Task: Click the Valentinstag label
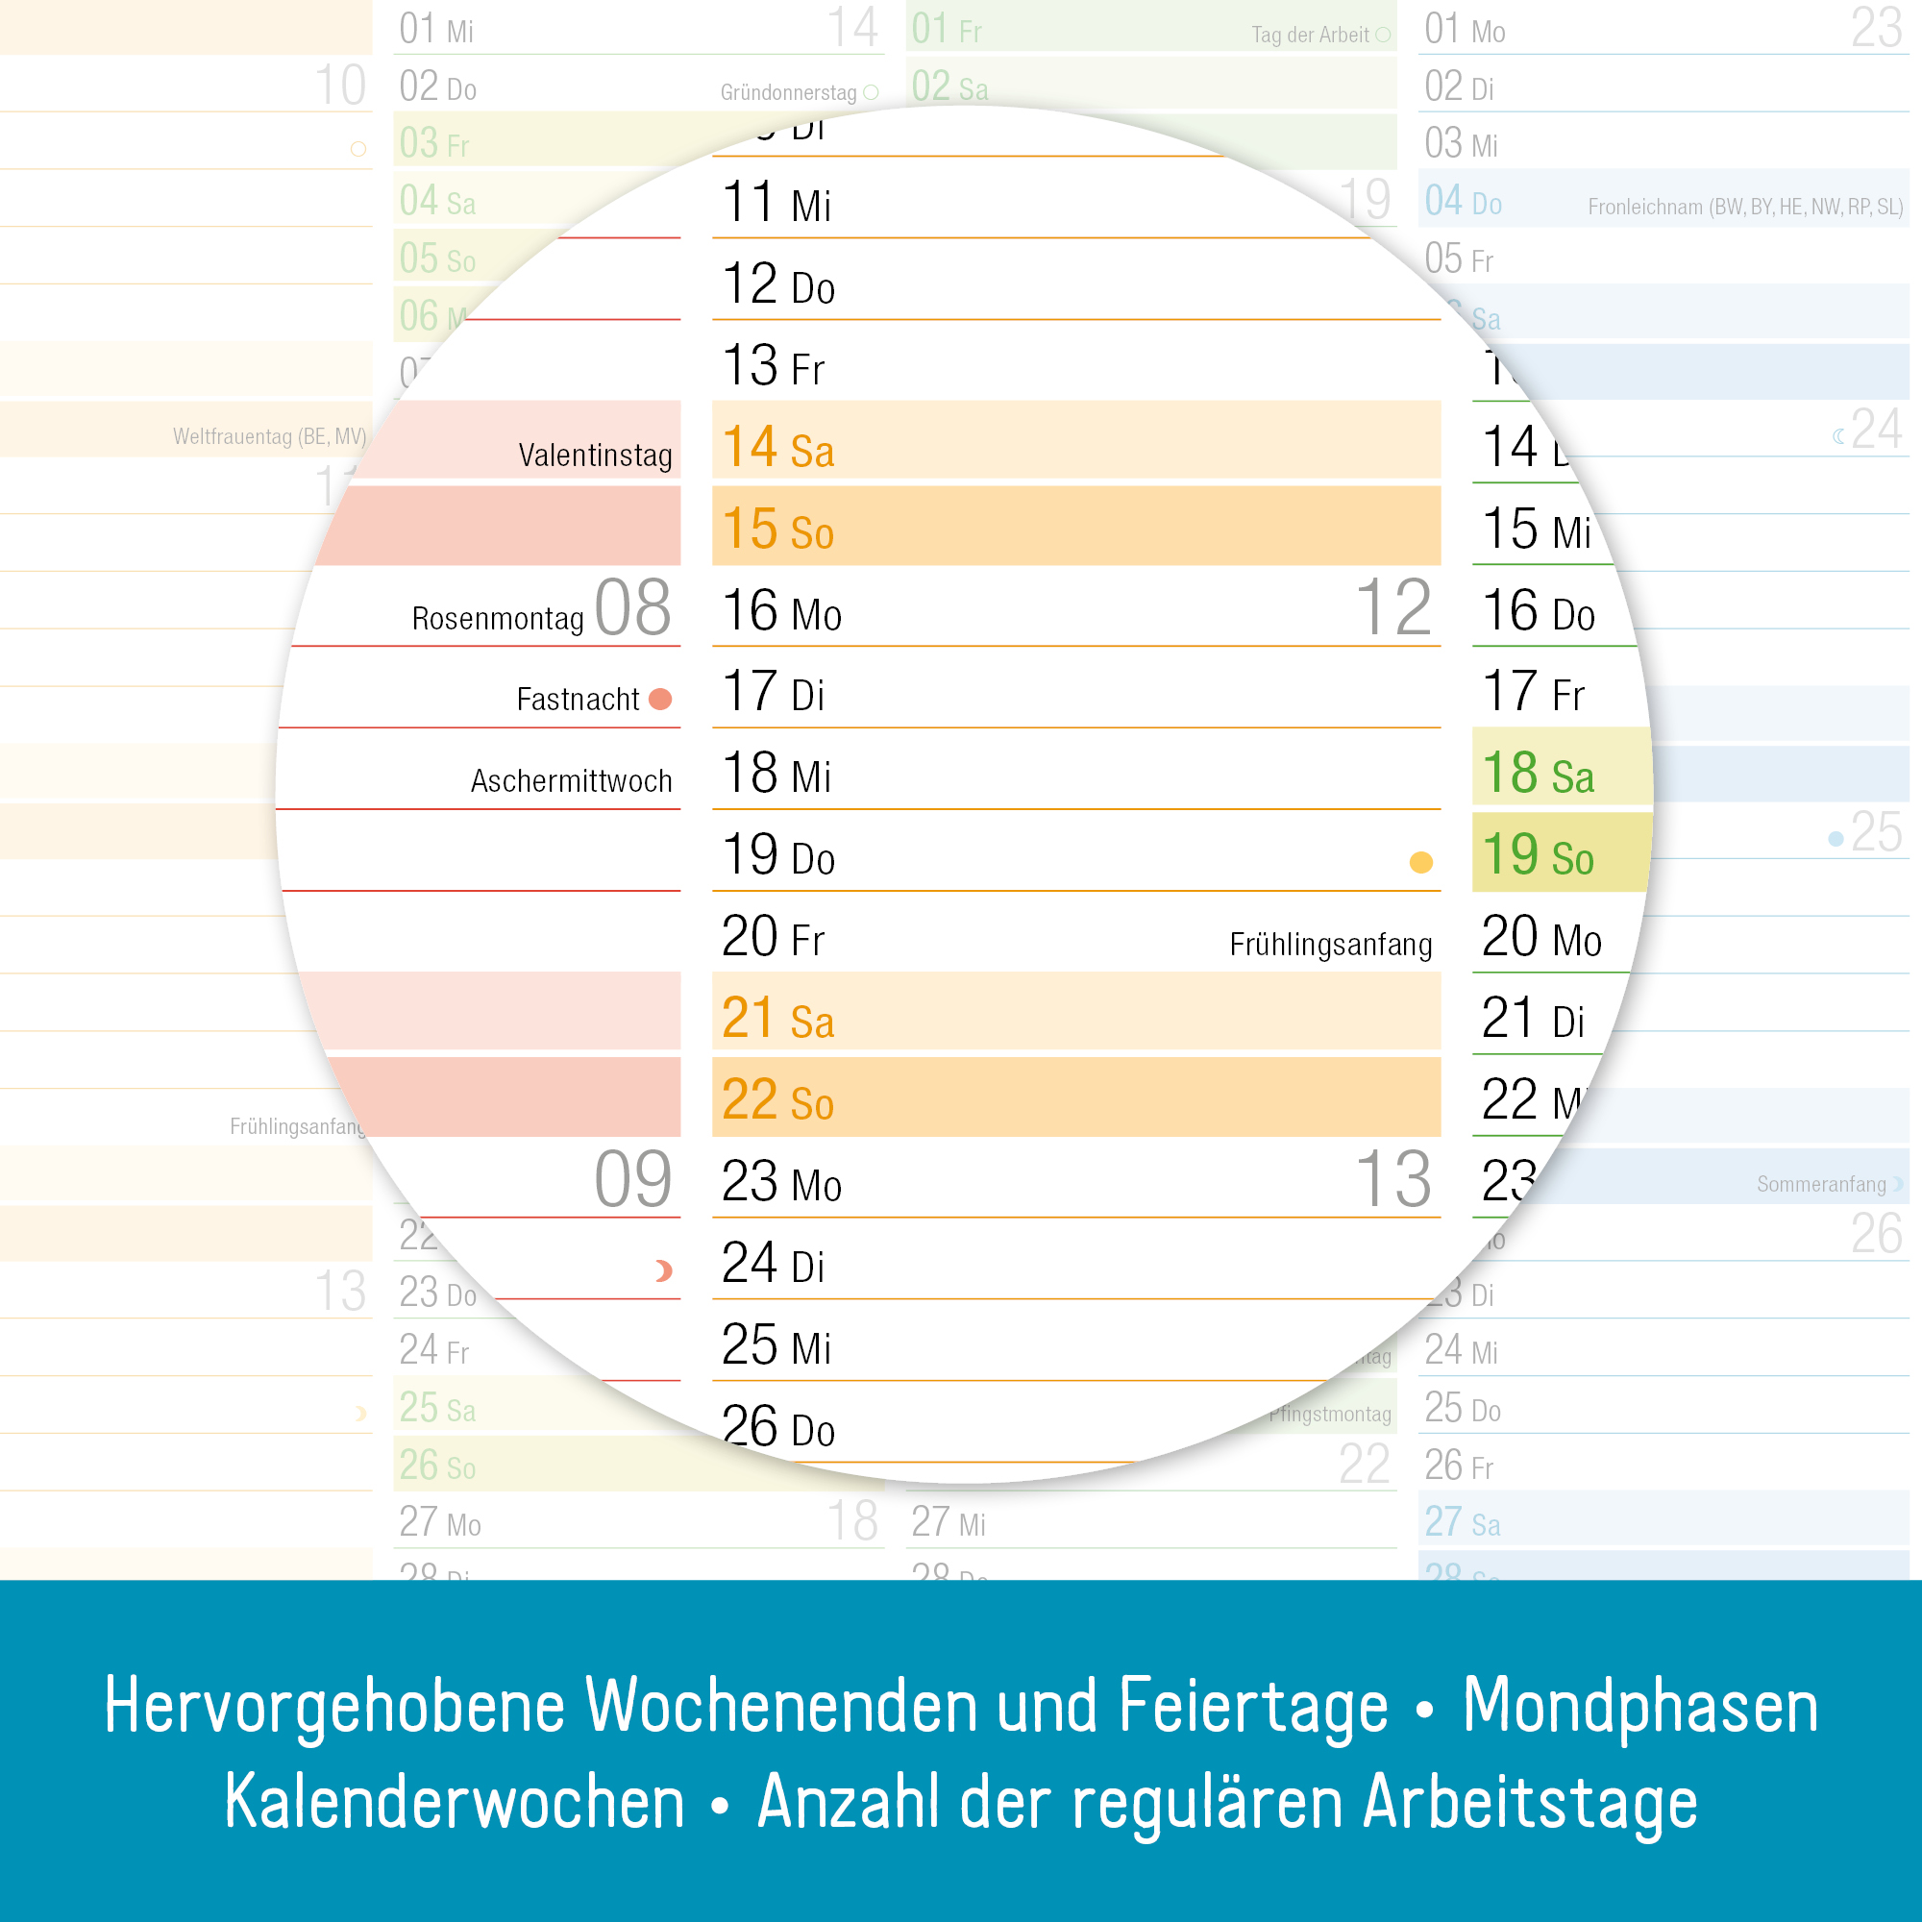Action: [595, 456]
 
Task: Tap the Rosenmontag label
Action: [498, 619]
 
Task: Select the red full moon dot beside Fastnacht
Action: [659, 700]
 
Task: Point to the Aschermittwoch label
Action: [571, 781]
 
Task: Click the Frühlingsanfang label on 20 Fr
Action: [1330, 944]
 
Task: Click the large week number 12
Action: [1392, 608]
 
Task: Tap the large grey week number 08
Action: [632, 608]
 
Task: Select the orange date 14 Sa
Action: [778, 447]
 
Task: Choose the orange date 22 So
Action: [778, 1099]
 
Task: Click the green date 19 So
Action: [1537, 854]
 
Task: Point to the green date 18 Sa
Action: [1537, 773]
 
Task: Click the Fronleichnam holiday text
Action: [1745, 207]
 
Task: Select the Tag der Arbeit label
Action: [1309, 35]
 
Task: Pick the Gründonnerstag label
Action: [788, 92]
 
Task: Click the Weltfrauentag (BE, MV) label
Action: [270, 436]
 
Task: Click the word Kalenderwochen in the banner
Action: [455, 1803]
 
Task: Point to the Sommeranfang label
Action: [1820, 1184]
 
